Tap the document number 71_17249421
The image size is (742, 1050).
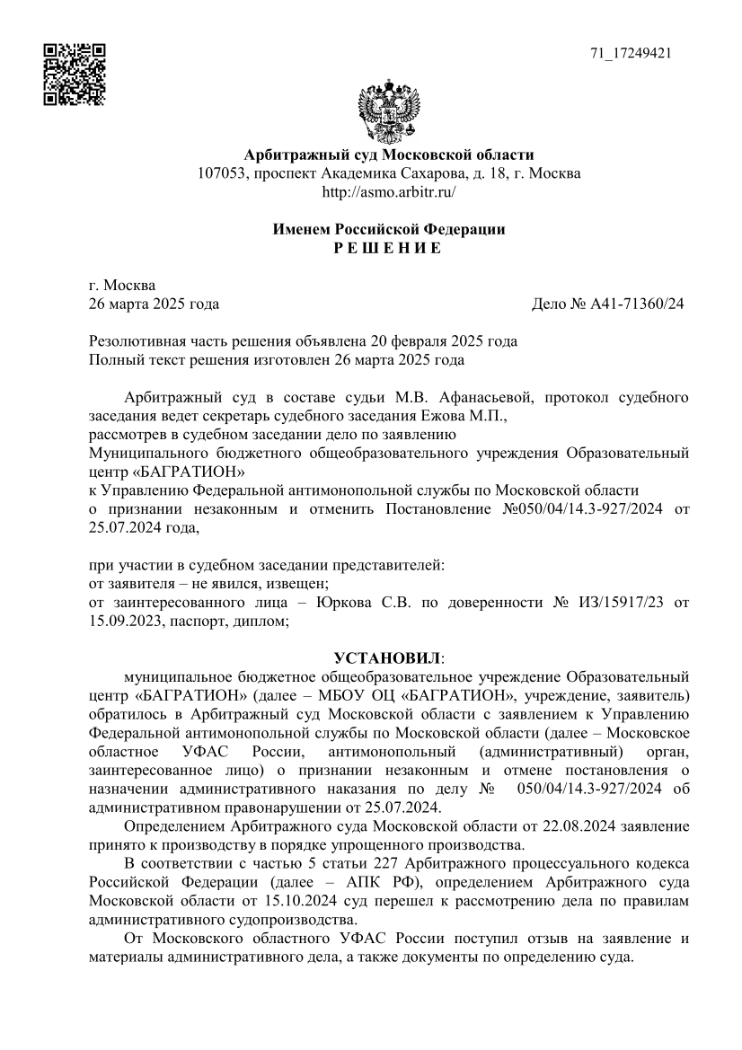click(x=631, y=53)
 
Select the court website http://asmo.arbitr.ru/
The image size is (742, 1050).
click(x=389, y=191)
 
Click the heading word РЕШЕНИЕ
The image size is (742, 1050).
click(x=388, y=248)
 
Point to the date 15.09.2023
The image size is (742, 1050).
click(x=125, y=619)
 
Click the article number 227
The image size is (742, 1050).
click(x=352, y=863)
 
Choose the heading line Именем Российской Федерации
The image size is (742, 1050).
click(x=388, y=229)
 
